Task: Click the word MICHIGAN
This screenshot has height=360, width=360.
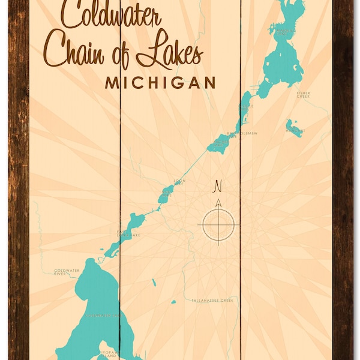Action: (x=160, y=83)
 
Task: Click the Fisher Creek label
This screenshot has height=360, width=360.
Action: (x=304, y=94)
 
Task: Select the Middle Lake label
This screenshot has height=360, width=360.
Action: (x=247, y=106)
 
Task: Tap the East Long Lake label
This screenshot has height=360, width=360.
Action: (x=128, y=235)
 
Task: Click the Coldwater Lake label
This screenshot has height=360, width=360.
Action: (x=102, y=315)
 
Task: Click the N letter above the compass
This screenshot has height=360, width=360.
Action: (x=218, y=185)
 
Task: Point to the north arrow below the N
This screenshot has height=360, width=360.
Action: (x=218, y=203)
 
